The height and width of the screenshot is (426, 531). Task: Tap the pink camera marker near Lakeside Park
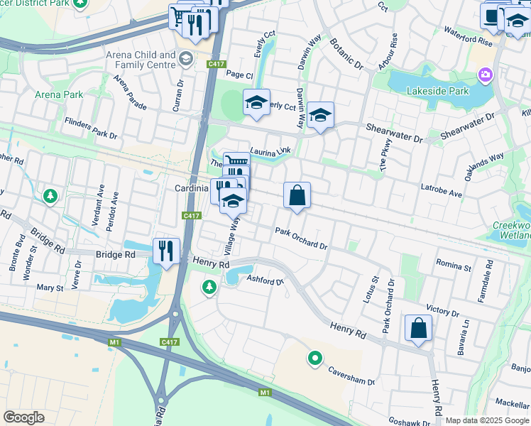[486, 75]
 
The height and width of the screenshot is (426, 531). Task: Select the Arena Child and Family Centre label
[141, 60]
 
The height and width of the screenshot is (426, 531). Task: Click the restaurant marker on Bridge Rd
[167, 251]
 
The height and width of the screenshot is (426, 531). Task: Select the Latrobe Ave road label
[441, 193]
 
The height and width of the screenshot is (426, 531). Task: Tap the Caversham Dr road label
[351, 376]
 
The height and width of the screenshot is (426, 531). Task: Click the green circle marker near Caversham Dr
[314, 358]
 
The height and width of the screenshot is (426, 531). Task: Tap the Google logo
[23, 417]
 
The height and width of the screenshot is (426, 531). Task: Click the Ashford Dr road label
[265, 280]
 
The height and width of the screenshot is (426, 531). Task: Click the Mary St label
[50, 288]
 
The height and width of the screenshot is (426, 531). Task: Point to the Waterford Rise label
[468, 36]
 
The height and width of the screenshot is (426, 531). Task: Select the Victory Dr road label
[443, 310]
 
